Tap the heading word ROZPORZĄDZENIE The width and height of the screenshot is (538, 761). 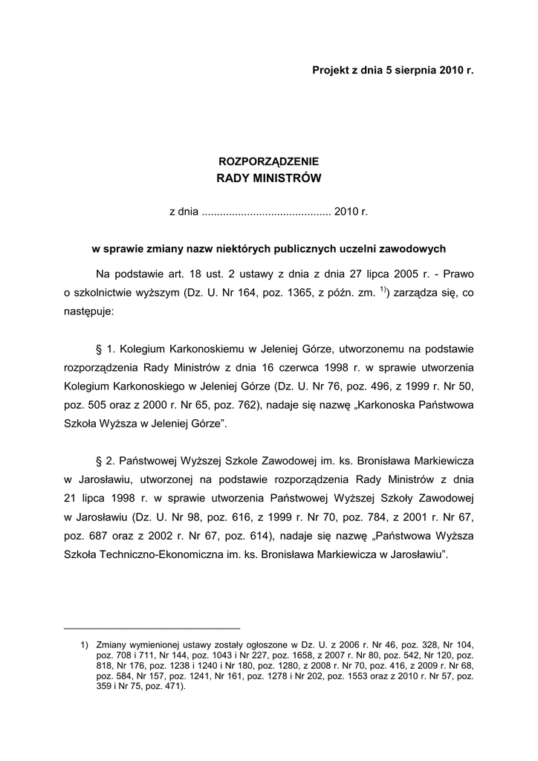point(268,161)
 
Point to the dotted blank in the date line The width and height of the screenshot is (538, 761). point(266,212)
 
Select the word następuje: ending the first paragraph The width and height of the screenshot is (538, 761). point(89,312)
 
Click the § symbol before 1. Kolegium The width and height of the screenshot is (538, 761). point(99,348)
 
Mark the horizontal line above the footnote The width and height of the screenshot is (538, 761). point(152,628)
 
